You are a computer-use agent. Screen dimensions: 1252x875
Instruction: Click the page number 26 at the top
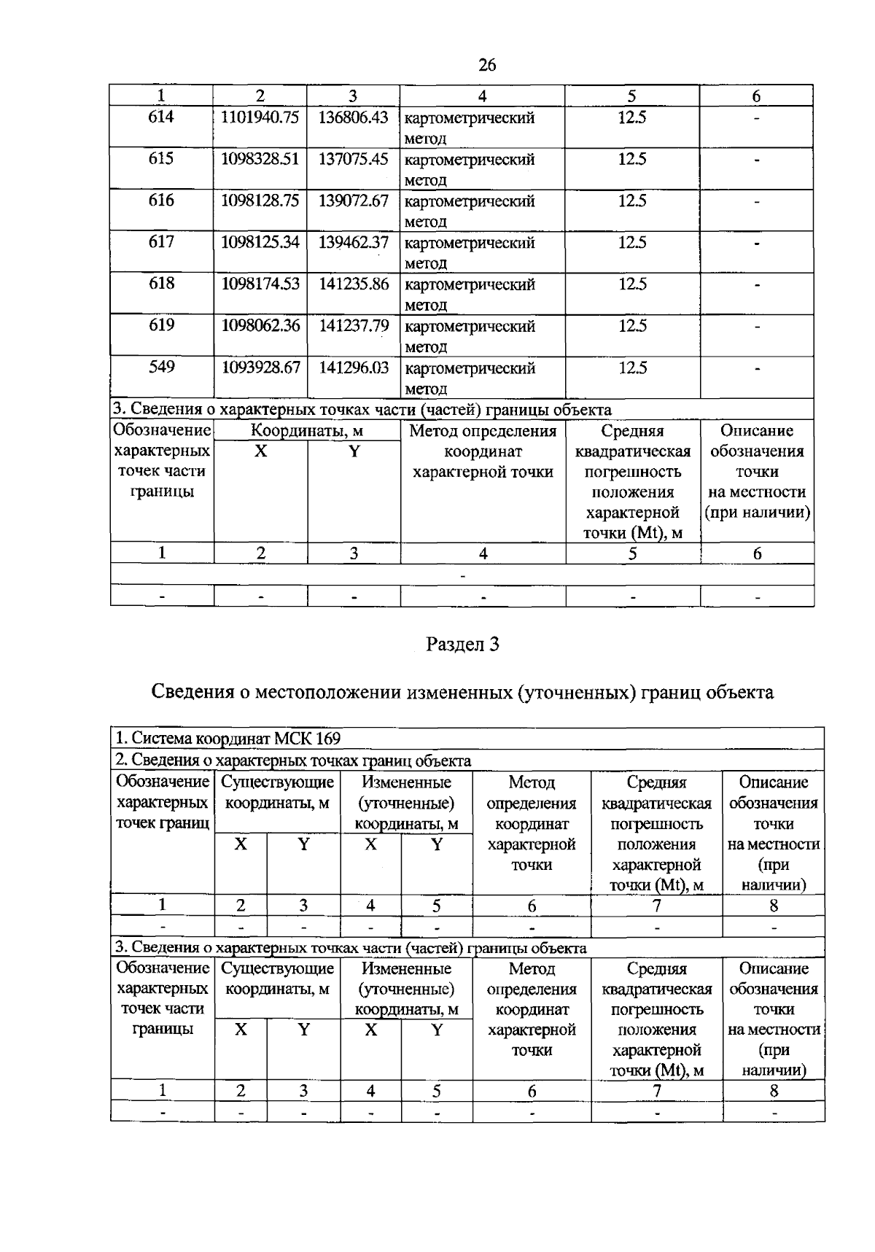coord(487,66)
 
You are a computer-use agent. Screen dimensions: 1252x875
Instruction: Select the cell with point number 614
coord(161,117)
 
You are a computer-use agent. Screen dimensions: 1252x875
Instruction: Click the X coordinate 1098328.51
coord(260,159)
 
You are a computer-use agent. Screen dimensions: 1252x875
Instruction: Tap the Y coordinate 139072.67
coord(354,201)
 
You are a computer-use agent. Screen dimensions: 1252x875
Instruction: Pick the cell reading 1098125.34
coord(260,242)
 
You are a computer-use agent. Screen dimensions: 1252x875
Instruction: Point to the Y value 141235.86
coord(354,284)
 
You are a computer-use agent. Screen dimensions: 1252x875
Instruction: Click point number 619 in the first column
coord(161,325)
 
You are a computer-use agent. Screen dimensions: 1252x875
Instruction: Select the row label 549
coord(161,367)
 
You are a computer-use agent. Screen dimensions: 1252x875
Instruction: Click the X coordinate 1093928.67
coord(260,368)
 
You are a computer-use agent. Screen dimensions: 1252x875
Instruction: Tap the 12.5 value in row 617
coord(632,242)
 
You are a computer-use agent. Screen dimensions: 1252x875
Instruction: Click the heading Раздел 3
coord(462,644)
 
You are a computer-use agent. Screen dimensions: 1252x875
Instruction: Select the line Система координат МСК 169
coord(228,738)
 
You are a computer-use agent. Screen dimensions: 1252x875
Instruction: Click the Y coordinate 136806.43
coord(354,117)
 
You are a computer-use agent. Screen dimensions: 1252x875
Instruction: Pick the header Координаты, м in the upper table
coord(307,431)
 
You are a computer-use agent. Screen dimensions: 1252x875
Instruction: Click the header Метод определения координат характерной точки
coord(483,451)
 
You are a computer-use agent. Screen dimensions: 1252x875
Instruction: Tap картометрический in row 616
coord(470,201)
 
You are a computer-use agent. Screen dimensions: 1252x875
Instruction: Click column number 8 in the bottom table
coord(774,1091)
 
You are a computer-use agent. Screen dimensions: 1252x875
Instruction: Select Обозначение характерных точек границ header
coord(163,802)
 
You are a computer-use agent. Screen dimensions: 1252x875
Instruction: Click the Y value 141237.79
coord(354,325)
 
